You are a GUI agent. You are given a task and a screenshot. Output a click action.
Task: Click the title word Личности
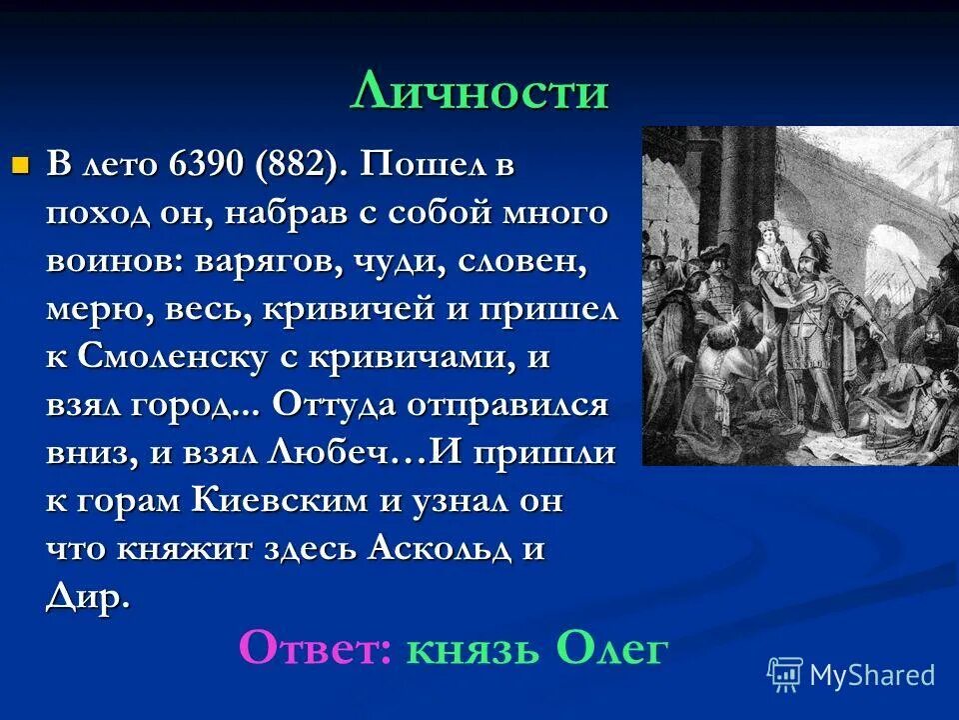click(x=479, y=93)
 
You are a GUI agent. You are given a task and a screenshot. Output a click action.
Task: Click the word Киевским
click(x=283, y=502)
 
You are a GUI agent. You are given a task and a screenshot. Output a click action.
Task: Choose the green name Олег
click(x=611, y=649)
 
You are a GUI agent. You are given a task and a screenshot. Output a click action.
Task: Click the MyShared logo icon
click(x=785, y=675)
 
